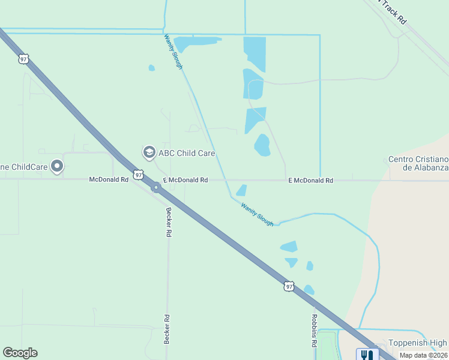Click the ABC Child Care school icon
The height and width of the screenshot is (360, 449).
pos(149,153)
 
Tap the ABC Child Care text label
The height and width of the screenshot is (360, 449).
pos(186,153)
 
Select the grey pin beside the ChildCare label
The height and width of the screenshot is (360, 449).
pos(57,166)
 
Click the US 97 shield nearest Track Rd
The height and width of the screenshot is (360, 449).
pos(23,58)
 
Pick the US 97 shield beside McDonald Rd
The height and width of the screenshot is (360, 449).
pos(139,175)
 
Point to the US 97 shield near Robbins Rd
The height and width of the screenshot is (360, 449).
pos(289,287)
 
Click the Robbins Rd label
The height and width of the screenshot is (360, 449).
pos(314,331)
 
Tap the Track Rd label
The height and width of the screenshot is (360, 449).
pos(393,11)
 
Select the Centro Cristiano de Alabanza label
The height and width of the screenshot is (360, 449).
pos(418,163)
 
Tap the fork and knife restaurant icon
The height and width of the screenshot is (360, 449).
pos(367,354)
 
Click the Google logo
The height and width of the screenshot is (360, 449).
pos(20,353)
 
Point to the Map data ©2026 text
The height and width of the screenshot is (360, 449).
pos(424,355)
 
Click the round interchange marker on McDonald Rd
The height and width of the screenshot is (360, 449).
pos(155,188)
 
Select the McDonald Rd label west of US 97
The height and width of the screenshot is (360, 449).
pos(109,179)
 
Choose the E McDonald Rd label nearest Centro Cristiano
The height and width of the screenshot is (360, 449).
pos(310,180)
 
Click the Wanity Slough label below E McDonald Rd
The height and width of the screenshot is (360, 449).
pos(258,214)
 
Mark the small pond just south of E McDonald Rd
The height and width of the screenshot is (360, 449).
pos(241,190)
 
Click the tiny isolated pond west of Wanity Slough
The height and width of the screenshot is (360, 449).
pos(151,68)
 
